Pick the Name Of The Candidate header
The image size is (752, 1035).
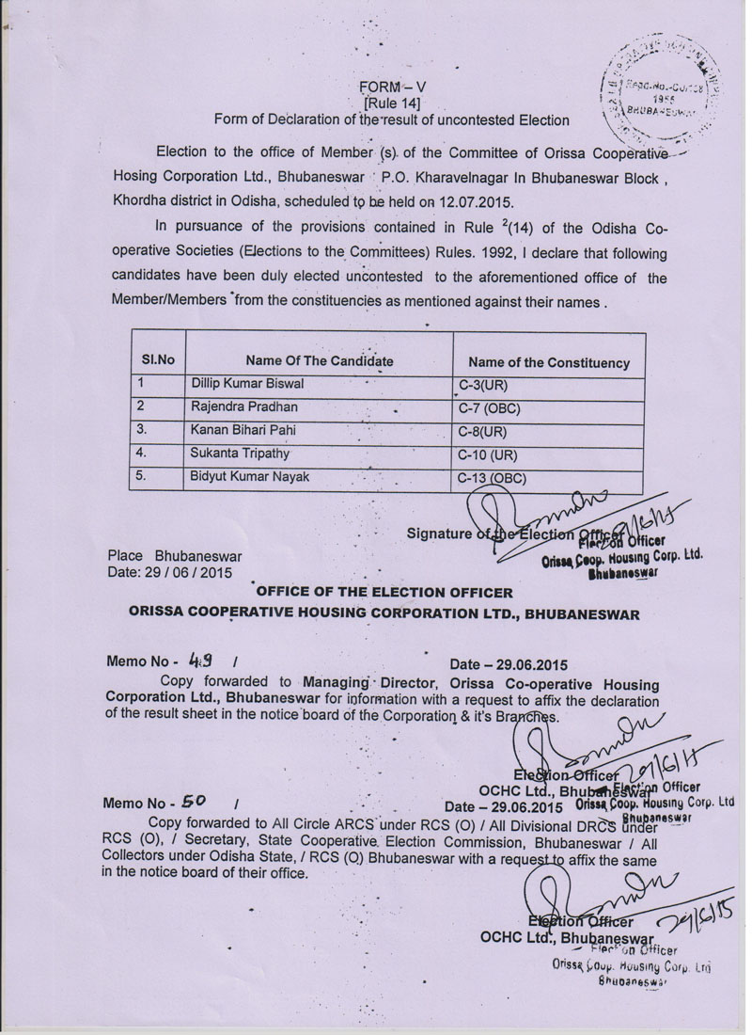pyautogui.click(x=319, y=360)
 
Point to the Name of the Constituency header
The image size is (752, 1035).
pyautogui.click(x=549, y=362)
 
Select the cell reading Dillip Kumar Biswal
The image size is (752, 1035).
pyautogui.click(x=247, y=384)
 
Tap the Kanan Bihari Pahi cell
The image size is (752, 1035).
pyautogui.click(x=244, y=430)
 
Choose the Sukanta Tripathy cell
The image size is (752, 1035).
pyautogui.click(x=240, y=454)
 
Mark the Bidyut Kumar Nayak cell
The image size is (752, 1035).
pyautogui.click(x=249, y=477)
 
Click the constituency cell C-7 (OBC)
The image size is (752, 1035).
pyautogui.click(x=489, y=408)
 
